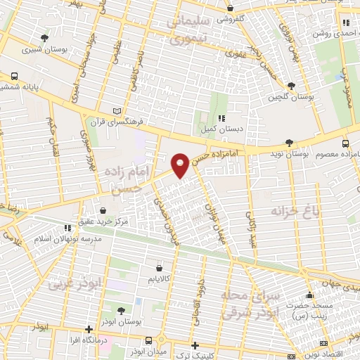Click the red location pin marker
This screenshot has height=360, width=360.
tap(181, 165)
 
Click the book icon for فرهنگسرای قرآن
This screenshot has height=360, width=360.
tap(117, 111)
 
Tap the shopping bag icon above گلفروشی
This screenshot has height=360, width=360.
tap(231, 8)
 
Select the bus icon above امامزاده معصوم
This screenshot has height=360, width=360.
tap(345, 143)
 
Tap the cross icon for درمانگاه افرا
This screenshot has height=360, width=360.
tap(88, 328)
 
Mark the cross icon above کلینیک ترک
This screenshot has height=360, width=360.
tap(195, 345)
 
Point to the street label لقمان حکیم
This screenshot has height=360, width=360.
tap(50, 134)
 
